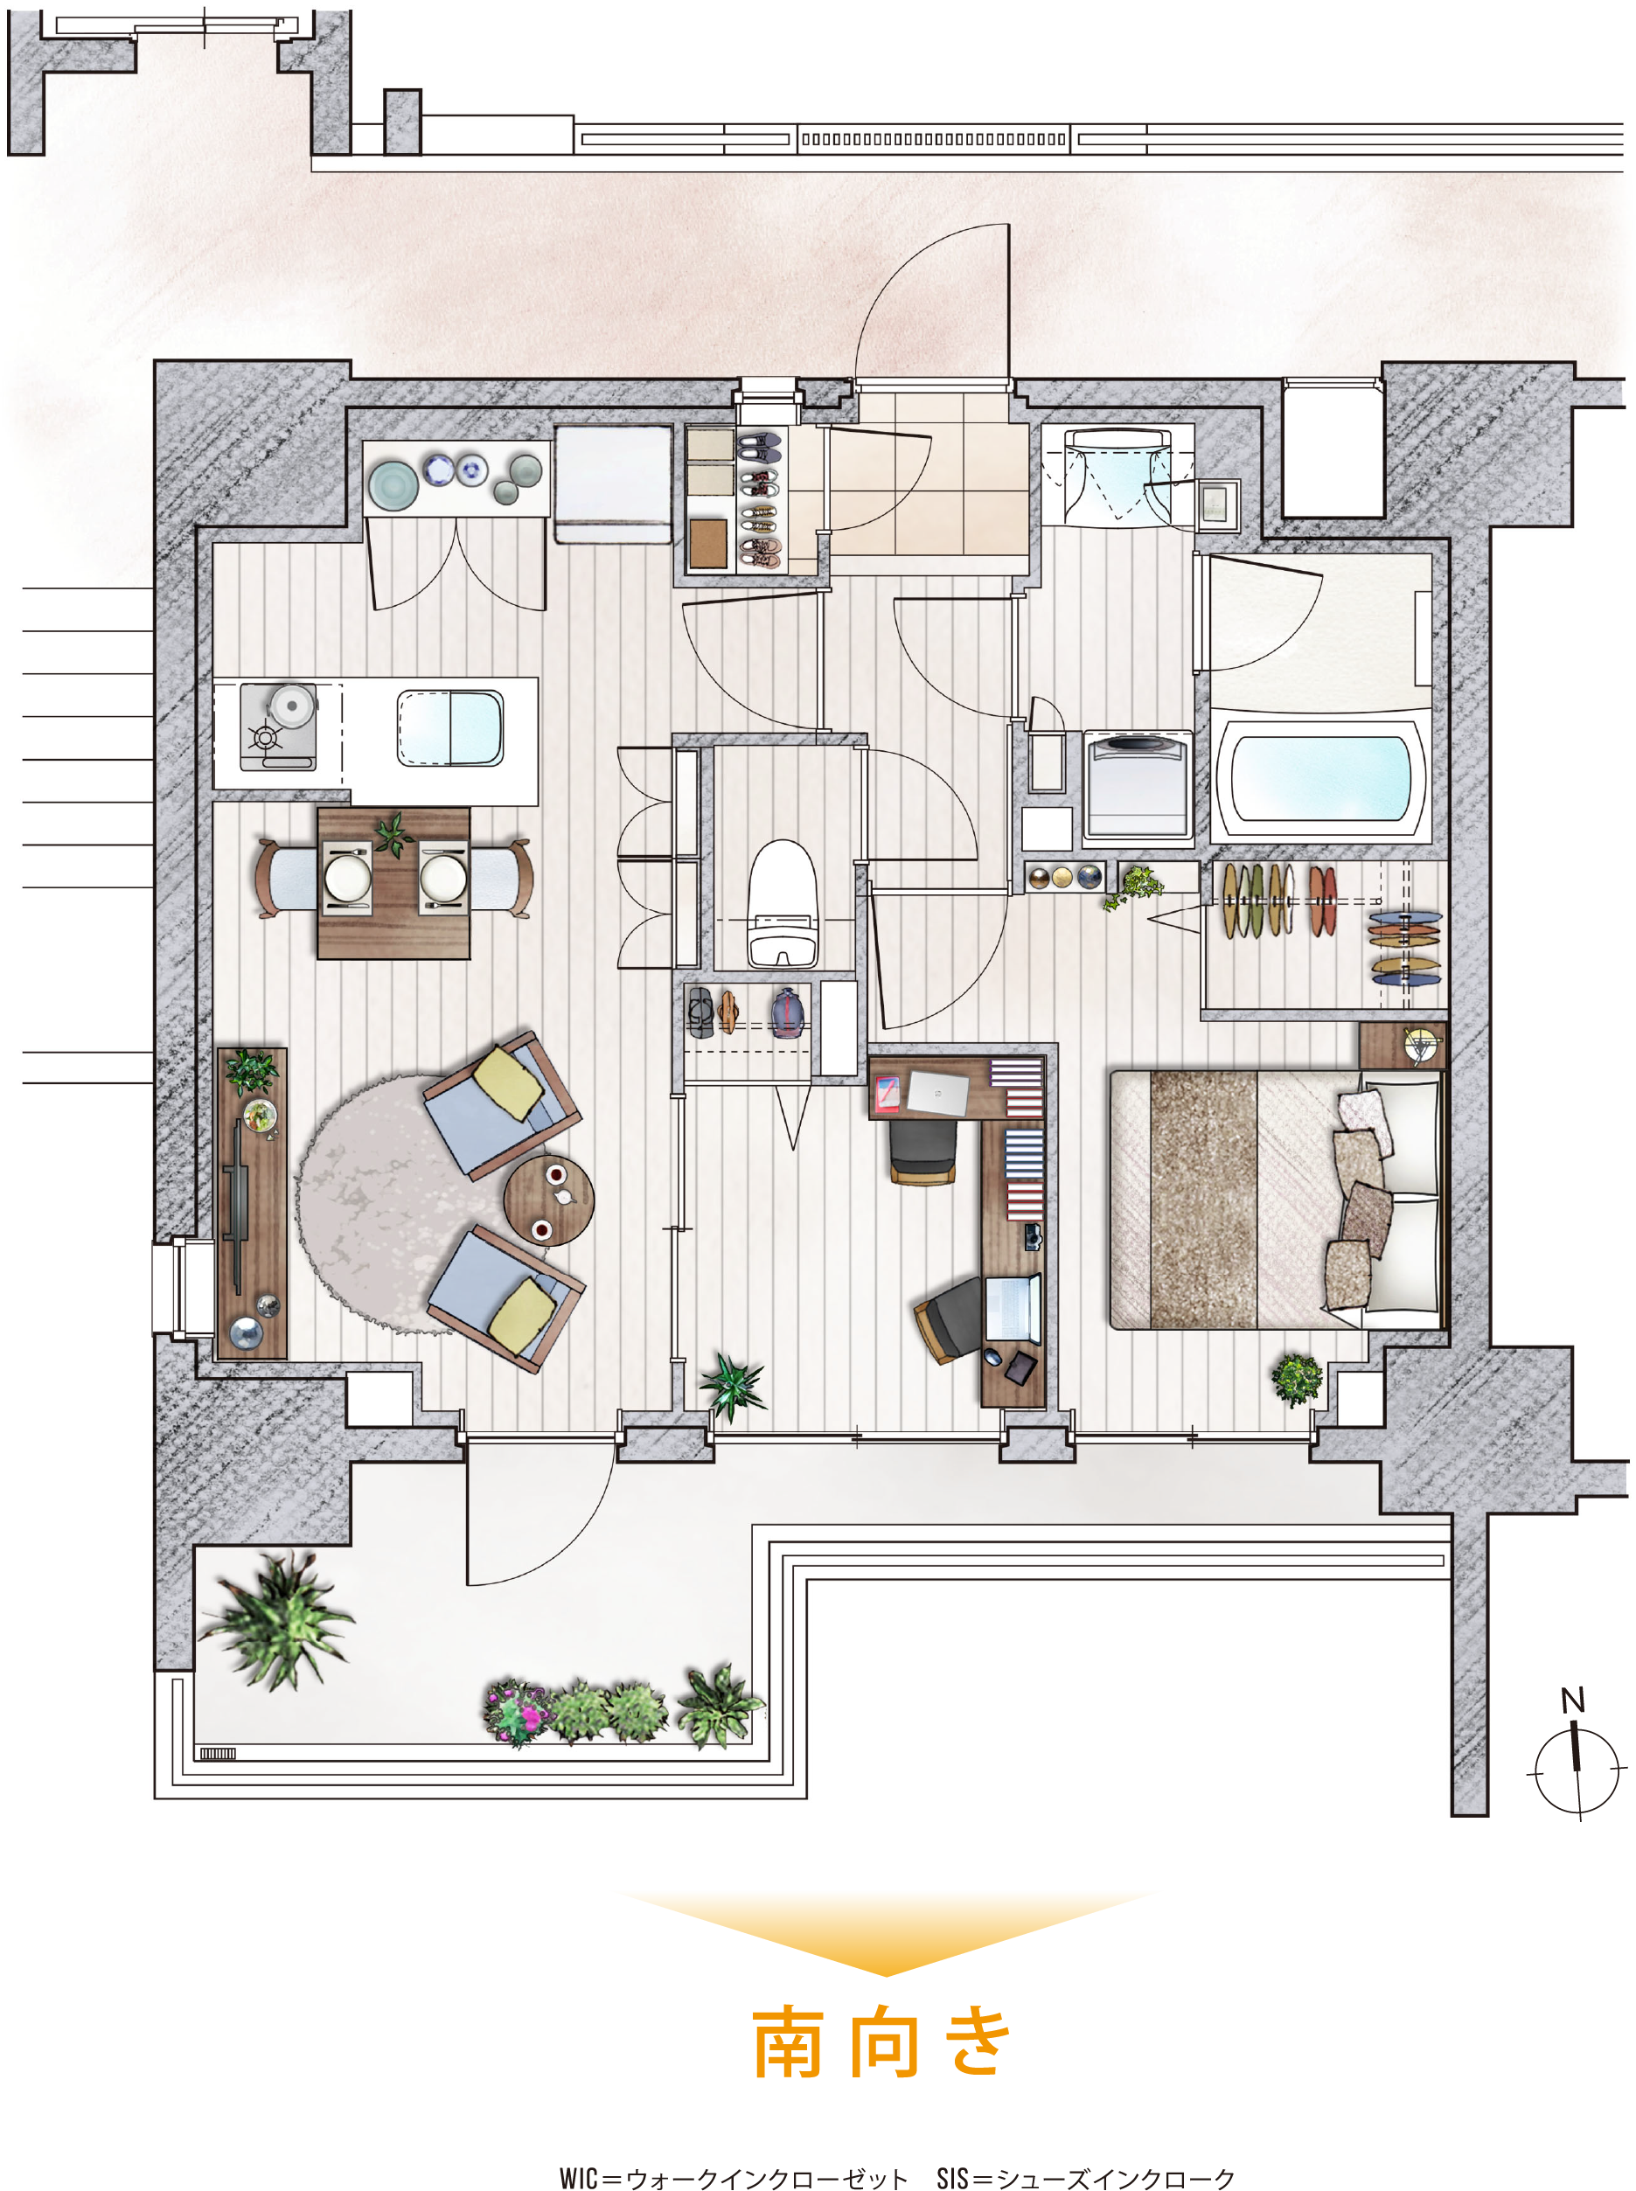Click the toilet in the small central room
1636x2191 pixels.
pos(783,902)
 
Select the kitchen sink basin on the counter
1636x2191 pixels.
pos(449,727)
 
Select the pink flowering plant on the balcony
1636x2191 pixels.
pos(517,1713)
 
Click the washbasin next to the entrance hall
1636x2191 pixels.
pos(1116,476)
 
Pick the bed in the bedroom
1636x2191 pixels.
pos(1276,1198)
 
